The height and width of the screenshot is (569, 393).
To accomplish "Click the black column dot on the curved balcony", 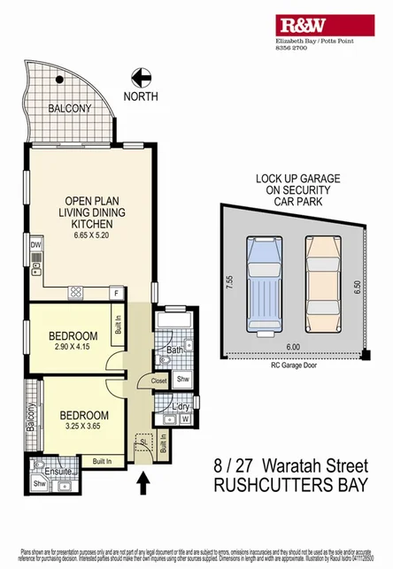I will (x=59, y=81).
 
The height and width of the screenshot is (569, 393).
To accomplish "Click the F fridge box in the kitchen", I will (x=114, y=292).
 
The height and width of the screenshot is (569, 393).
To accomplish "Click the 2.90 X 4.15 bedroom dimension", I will (x=72, y=349).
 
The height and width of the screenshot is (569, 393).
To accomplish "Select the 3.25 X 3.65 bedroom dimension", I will (x=84, y=427).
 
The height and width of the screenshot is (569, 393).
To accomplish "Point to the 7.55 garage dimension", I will (x=229, y=283).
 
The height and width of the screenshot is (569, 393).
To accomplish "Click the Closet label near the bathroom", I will (x=159, y=381).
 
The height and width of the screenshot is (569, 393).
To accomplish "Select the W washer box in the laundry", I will (x=185, y=419).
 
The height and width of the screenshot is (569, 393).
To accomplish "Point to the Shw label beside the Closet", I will (x=183, y=381).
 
